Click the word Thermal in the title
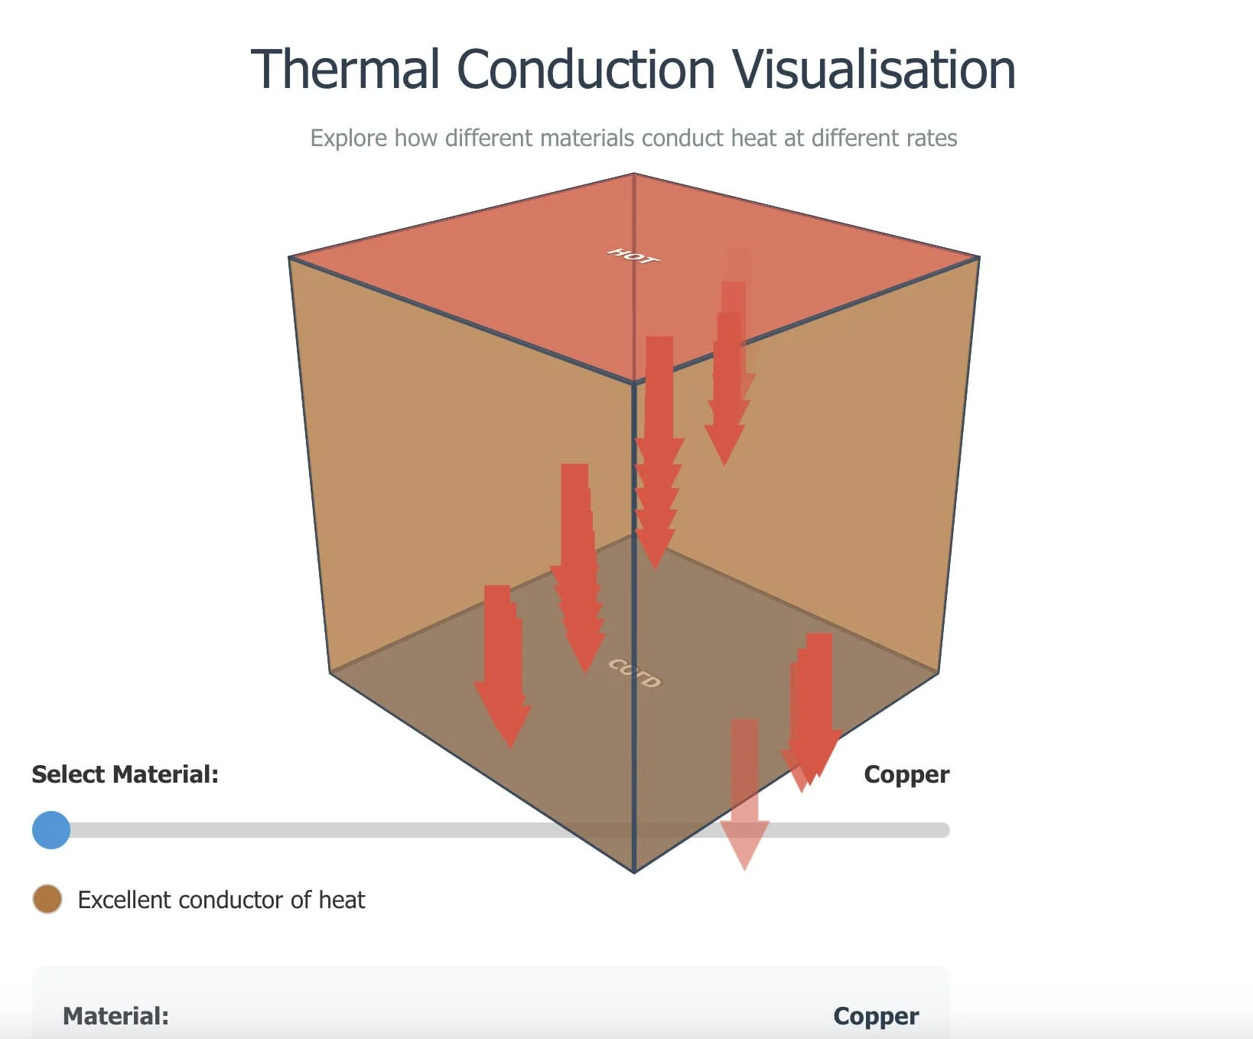tap(346, 70)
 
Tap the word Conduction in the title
tap(586, 70)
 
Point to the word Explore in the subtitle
tap(348, 138)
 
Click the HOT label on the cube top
tap(633, 256)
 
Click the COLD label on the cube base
tap(634, 673)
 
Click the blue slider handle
tap(51, 830)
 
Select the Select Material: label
tap(125, 774)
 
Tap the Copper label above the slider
tap(906, 774)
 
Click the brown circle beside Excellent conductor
tap(47, 899)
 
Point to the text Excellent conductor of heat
tap(221, 900)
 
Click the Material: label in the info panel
tap(116, 1016)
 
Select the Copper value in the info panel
tap(876, 1016)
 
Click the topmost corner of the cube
tap(634, 174)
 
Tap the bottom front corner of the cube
tap(634, 871)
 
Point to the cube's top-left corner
tap(289, 258)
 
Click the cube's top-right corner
tap(979, 258)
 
